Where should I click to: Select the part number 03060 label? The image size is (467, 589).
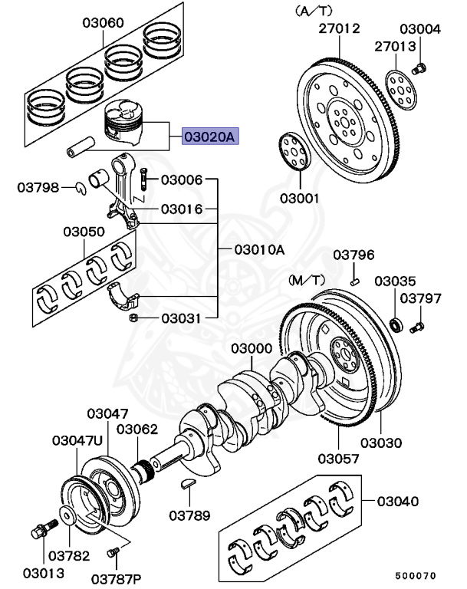tap(104, 22)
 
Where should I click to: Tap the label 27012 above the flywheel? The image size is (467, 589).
tap(339, 29)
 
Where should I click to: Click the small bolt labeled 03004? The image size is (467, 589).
tap(419, 70)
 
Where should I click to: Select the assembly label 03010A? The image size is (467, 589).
tap(259, 249)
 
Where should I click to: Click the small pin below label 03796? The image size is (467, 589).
tap(354, 281)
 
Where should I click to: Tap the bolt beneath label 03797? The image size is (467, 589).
tap(417, 329)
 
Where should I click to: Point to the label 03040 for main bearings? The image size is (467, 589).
tap(397, 501)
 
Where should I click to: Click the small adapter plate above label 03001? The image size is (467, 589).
tap(292, 150)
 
